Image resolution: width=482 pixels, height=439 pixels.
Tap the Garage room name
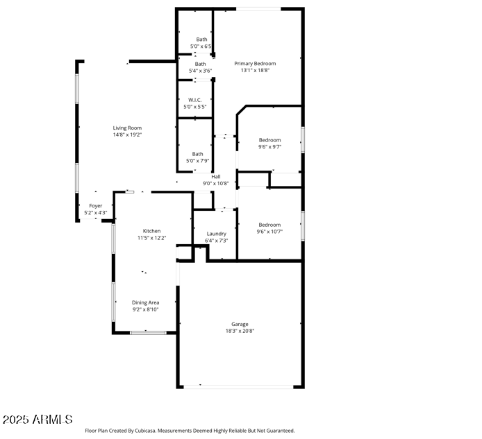[x=240, y=324]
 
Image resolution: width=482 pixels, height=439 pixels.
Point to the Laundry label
[x=216, y=234]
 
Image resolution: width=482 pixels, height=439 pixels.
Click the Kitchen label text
[x=152, y=231]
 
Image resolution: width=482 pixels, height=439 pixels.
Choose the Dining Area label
[x=146, y=302]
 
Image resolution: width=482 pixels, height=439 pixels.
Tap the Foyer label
[x=96, y=206]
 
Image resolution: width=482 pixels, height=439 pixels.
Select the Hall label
[x=215, y=177]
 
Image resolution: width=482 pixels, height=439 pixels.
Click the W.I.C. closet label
[x=195, y=100]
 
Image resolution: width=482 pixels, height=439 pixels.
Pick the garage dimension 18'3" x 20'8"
[x=240, y=331]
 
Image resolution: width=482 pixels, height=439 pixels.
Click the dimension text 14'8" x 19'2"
[x=128, y=135]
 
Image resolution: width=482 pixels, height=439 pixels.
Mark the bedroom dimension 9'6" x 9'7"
[x=269, y=146]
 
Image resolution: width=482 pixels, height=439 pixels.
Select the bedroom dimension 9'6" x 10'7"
[x=269, y=232]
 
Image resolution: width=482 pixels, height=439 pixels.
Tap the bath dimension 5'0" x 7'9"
[x=198, y=161]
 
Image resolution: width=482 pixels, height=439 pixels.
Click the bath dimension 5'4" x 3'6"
[x=201, y=71]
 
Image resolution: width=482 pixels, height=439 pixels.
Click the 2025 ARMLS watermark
[x=38, y=420]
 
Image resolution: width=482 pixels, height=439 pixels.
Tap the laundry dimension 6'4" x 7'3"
[x=216, y=241]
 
